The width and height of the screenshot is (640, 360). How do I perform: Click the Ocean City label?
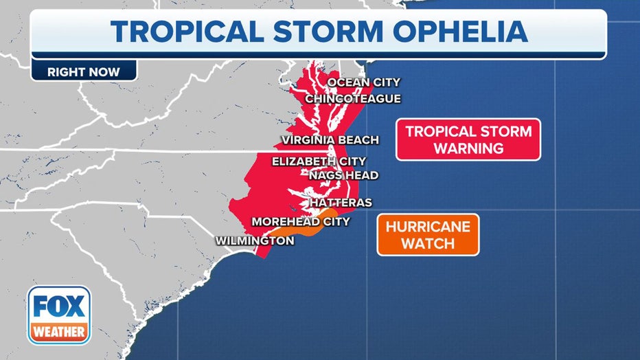pos(363,82)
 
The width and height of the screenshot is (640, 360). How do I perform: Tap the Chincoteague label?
pos(352,99)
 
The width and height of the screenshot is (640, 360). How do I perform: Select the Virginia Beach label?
pos(330,140)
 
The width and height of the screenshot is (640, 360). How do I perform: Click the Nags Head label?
pos(343,175)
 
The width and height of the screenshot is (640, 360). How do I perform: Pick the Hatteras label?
pos(341,203)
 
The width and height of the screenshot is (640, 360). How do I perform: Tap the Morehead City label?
pos(301,221)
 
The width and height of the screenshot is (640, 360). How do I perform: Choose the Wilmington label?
pos(255,240)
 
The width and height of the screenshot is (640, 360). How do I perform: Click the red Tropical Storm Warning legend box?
pos(468,139)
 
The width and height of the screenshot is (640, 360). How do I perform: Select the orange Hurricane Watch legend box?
pos(428,235)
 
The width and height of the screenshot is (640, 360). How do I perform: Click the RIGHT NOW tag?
pos(83,71)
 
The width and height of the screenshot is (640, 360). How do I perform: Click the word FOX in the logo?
pos(59,307)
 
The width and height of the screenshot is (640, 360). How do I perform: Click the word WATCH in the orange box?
pos(428,244)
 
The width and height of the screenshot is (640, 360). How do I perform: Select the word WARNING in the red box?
pos(468,148)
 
